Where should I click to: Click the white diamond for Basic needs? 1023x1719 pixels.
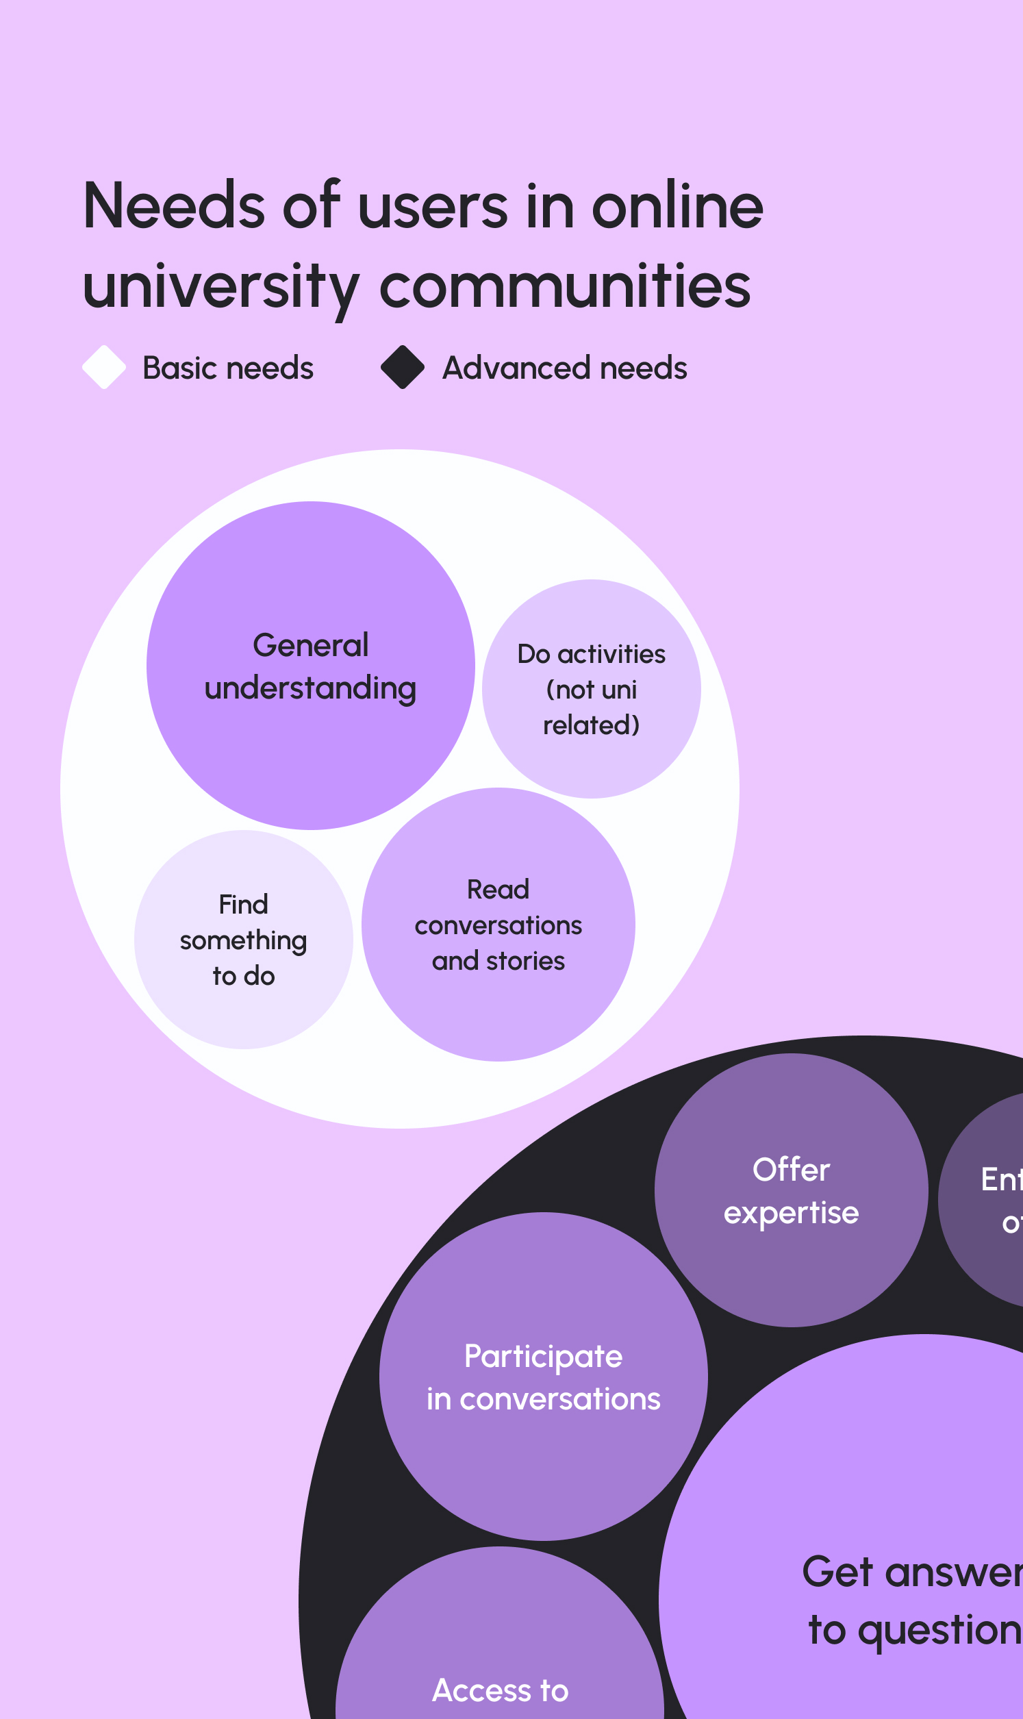[x=103, y=367]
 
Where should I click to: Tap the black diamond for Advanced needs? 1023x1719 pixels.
[x=403, y=367]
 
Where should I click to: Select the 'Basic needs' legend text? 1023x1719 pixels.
[x=227, y=368]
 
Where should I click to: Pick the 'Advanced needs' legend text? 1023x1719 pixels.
[x=565, y=368]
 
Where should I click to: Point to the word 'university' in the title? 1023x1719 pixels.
[x=220, y=287]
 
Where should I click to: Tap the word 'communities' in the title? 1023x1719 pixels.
[x=565, y=287]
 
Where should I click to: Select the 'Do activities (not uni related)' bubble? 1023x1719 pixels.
[x=592, y=758]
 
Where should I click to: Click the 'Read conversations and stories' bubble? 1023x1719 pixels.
[x=498, y=1006]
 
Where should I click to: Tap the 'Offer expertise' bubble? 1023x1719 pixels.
[x=791, y=1268]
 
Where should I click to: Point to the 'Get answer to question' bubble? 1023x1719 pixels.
[x=896, y=1516]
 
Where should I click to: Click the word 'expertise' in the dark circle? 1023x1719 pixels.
[x=791, y=1213]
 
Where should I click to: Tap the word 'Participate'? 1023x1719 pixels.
[x=543, y=1357]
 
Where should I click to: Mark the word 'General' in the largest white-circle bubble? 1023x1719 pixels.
[x=310, y=645]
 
